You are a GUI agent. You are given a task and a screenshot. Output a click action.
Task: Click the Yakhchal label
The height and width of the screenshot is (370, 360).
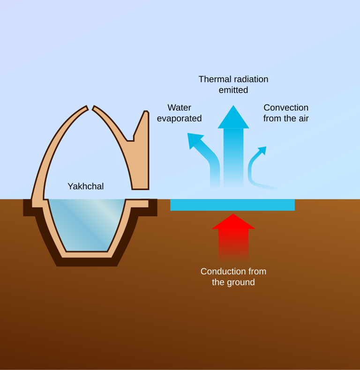[85, 186]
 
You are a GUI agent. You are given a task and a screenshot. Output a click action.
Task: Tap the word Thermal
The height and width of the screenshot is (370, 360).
[213, 79]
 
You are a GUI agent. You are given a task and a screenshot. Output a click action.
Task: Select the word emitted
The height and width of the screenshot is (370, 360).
[233, 90]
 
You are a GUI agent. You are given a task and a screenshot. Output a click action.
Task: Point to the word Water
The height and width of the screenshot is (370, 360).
[179, 108]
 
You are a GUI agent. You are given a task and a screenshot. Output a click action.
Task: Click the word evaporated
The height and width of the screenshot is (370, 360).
[179, 118]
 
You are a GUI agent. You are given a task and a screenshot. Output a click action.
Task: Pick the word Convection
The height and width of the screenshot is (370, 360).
[286, 108]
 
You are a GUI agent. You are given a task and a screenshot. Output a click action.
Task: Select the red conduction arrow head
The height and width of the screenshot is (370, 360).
[233, 222]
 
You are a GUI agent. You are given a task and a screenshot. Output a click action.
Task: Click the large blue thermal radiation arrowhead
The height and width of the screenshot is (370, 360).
[233, 117]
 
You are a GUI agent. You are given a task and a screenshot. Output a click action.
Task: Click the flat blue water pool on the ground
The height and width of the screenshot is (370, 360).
[232, 205]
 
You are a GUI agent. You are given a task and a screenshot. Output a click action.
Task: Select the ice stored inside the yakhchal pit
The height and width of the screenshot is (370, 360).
[87, 224]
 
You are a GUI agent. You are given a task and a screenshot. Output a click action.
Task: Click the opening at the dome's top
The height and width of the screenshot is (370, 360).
[90, 108]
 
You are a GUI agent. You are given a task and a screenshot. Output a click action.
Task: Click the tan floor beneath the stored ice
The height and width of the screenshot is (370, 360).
[87, 254]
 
